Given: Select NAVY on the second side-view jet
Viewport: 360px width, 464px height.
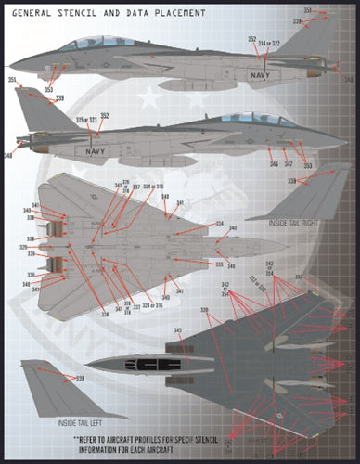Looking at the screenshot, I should pos(96,148).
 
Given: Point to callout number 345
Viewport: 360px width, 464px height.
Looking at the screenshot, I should pos(177,329).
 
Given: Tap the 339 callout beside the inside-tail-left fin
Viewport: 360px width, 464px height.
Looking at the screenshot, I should pos(80,379).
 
